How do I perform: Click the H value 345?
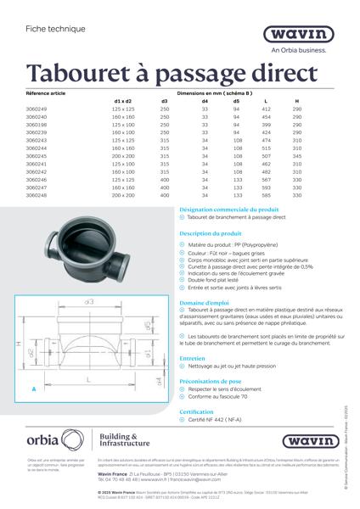pos(296,156)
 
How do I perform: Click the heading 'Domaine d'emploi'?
pos(205,303)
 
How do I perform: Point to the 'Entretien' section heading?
pos(193,358)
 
